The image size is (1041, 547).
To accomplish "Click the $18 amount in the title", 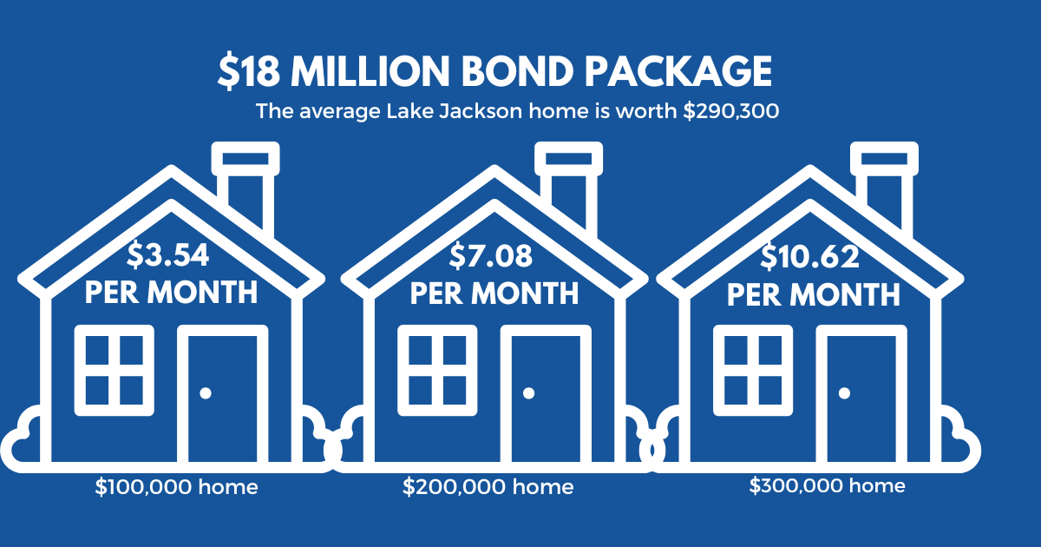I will coord(250,72).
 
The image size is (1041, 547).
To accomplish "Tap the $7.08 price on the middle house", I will coord(491,256).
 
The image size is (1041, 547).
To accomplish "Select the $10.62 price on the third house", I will coord(810,256).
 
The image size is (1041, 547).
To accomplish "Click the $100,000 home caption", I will coord(176,487).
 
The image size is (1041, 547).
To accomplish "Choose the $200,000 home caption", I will coord(488,487).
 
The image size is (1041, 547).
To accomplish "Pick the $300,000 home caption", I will coord(827,485).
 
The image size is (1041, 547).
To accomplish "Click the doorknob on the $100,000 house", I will coord(206,393).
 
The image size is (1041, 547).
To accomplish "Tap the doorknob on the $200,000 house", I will coord(528,393).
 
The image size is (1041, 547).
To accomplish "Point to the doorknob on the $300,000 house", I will coord(843,393).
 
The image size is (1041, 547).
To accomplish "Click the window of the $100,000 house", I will coord(114,369).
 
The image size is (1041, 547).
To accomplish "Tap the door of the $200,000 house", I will coord(545,395).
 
